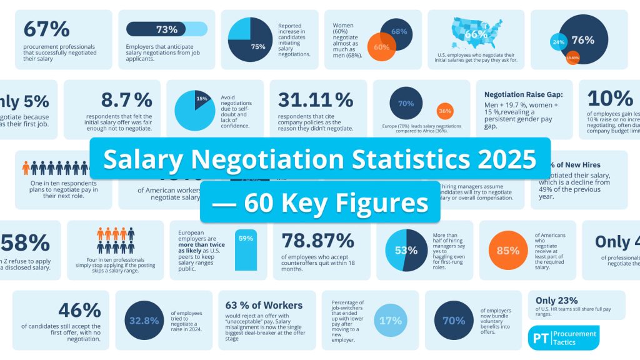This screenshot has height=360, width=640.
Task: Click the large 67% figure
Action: click(46, 29)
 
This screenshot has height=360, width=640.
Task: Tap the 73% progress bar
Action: click(167, 29)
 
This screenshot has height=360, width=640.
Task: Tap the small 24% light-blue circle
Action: click(557, 42)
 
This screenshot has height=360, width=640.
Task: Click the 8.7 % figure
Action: click(127, 99)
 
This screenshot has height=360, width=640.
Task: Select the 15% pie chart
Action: click(194, 110)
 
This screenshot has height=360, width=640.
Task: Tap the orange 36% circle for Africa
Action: click(445, 111)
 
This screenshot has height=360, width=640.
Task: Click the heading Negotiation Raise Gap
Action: click(522, 94)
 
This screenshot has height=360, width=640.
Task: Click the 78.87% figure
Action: click(318, 241)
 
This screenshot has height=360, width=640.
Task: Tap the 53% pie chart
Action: click(406, 251)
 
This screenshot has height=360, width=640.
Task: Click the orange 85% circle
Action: click(508, 251)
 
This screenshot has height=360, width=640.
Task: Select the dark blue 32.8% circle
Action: click(144, 321)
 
